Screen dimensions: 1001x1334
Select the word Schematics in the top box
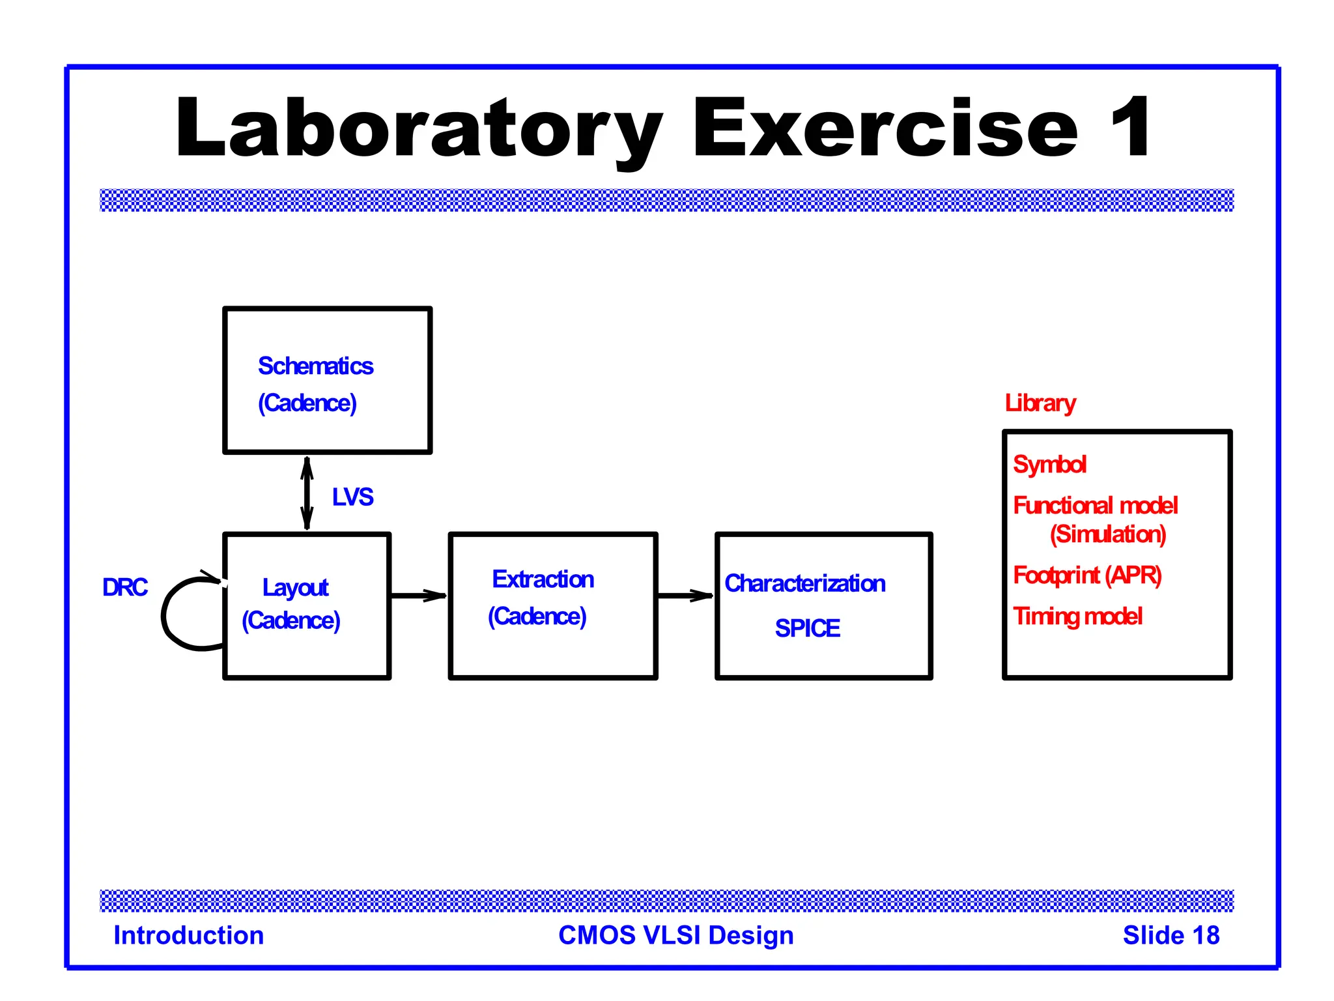(x=315, y=366)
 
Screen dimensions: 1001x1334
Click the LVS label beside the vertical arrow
(x=352, y=497)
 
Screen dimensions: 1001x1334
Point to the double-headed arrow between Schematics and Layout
(x=307, y=493)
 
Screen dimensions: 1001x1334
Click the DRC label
(x=125, y=587)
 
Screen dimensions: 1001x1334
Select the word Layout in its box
(x=295, y=588)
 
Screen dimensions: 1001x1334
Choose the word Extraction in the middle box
(x=543, y=579)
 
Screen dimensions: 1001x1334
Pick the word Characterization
(x=804, y=583)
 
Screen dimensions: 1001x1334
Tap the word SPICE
(x=807, y=628)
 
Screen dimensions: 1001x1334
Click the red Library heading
(x=1040, y=403)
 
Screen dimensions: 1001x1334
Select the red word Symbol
(x=1049, y=465)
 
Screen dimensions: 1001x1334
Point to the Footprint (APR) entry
(x=1087, y=575)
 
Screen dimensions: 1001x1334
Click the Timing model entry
(x=1077, y=617)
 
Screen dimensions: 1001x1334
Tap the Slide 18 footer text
(x=1171, y=935)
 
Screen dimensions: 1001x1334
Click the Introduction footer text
(x=189, y=935)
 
